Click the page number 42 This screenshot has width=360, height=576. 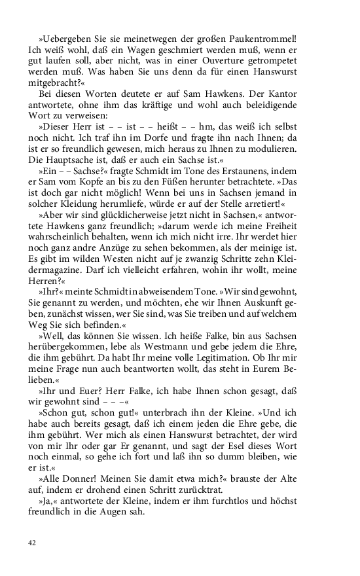tap(32, 543)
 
